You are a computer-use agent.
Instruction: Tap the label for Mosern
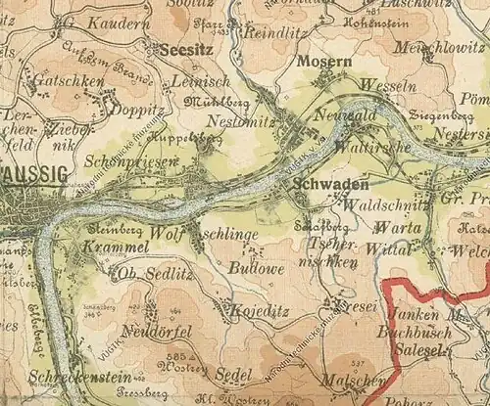[322, 62]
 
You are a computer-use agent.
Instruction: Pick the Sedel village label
[233, 375]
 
